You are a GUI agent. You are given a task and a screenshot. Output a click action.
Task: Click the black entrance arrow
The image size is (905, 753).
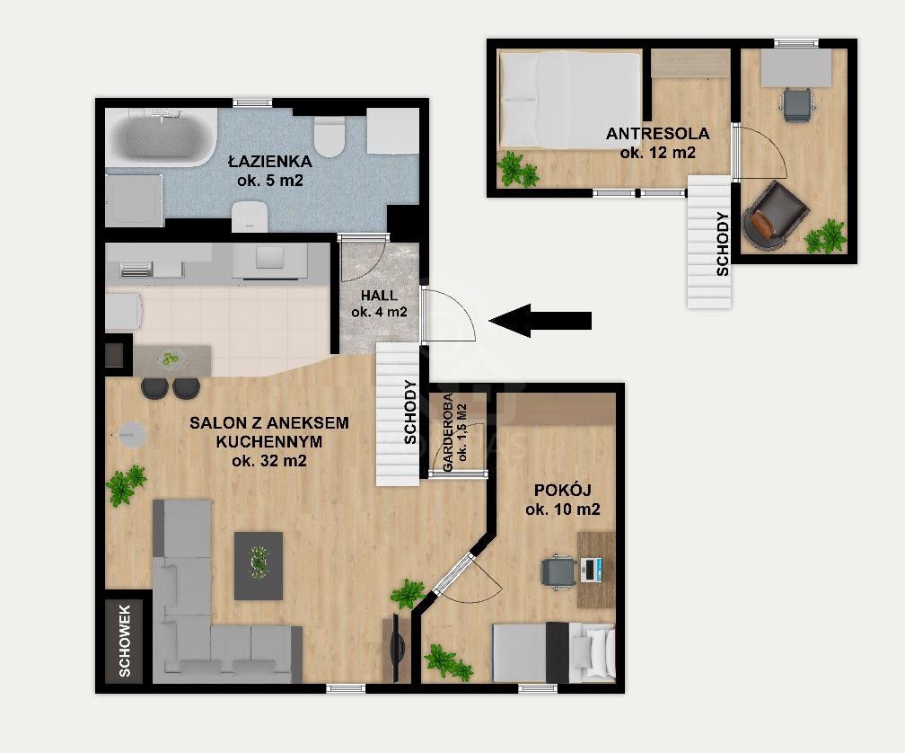coord(540,320)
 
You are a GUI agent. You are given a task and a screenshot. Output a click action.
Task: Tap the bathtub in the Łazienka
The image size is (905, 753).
coord(161,137)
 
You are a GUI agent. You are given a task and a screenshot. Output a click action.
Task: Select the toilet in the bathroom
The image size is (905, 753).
coord(329,136)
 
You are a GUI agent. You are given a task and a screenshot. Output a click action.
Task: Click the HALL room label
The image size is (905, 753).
coord(379,295)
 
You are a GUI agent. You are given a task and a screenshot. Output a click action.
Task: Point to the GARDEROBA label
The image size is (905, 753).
coord(447,432)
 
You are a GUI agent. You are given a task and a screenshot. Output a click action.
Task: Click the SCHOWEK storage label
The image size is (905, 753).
coord(125,641)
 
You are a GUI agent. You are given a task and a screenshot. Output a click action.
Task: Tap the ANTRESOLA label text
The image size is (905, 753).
coord(657,133)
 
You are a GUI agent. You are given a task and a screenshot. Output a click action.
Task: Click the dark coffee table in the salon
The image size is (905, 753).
coord(259,566)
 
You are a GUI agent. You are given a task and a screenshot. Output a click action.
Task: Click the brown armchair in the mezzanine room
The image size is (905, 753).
coord(775,217)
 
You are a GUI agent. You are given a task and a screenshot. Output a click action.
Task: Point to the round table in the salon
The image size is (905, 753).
coord(132,434)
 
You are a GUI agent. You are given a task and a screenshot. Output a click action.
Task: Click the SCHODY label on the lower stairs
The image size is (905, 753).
coord(410,412)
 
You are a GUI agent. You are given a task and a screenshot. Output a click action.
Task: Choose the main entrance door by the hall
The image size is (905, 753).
coord(450,314)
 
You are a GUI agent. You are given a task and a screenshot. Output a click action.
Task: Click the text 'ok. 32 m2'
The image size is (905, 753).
coord(269,461)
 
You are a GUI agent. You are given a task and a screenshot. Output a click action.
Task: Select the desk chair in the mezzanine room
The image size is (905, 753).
coord(797,104)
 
